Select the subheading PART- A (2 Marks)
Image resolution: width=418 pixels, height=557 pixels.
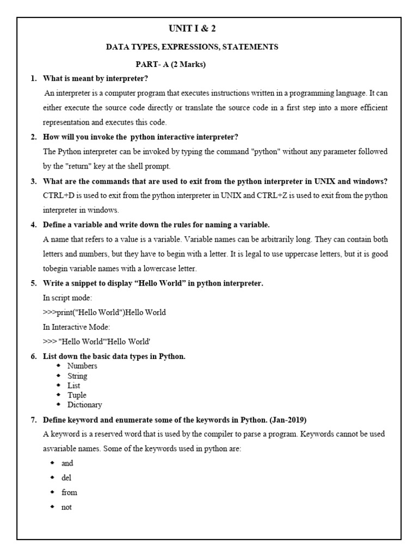click(x=171, y=65)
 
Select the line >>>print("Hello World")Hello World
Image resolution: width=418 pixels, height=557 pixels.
click(x=104, y=312)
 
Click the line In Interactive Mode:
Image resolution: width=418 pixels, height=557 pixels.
click(x=76, y=327)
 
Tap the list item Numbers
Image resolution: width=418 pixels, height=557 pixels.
click(x=82, y=366)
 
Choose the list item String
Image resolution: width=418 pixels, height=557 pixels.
click(x=77, y=376)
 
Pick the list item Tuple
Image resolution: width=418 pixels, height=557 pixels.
click(x=77, y=395)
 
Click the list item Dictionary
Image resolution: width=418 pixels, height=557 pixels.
click(x=84, y=405)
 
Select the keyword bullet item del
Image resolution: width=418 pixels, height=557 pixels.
click(x=66, y=478)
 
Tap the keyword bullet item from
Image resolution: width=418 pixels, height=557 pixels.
click(x=69, y=492)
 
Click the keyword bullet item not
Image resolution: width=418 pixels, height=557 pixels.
click(x=66, y=507)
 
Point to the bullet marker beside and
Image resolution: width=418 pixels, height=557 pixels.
click(x=52, y=463)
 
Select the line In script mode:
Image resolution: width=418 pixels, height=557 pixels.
click(x=67, y=298)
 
